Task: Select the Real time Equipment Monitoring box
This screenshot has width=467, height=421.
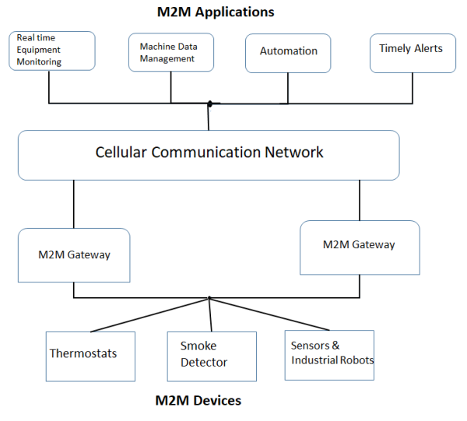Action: coord(51,51)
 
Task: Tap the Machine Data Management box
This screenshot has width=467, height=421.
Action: coord(170,51)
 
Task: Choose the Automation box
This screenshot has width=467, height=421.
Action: coord(288,52)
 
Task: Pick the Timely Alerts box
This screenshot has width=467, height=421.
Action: coord(413,52)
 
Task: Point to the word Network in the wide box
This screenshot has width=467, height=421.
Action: coord(295,153)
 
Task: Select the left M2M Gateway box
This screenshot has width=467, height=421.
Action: coord(74,254)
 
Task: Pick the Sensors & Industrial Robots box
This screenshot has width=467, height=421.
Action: coord(329,355)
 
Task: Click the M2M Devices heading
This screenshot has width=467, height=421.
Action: coord(199,401)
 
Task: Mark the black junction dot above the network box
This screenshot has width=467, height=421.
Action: coord(209,103)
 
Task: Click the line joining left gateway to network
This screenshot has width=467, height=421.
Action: coord(74,204)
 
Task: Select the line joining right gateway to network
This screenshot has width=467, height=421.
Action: coord(360,200)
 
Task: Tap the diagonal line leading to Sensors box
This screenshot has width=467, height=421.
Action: coord(272,314)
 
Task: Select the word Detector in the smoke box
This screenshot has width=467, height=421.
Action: coord(204,363)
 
